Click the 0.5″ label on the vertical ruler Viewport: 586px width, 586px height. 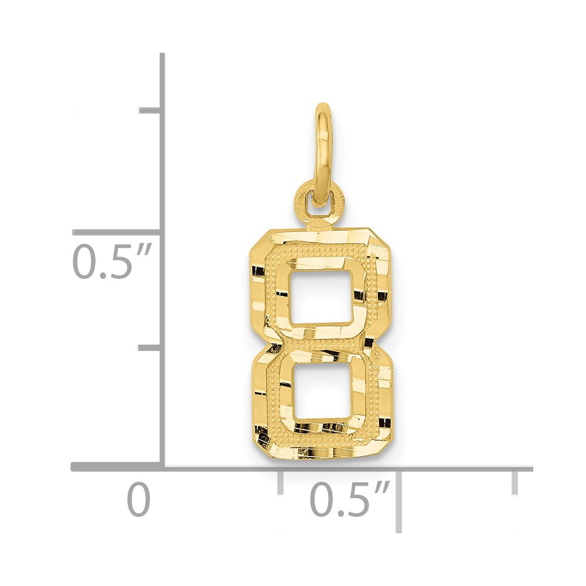click(x=112, y=261)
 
